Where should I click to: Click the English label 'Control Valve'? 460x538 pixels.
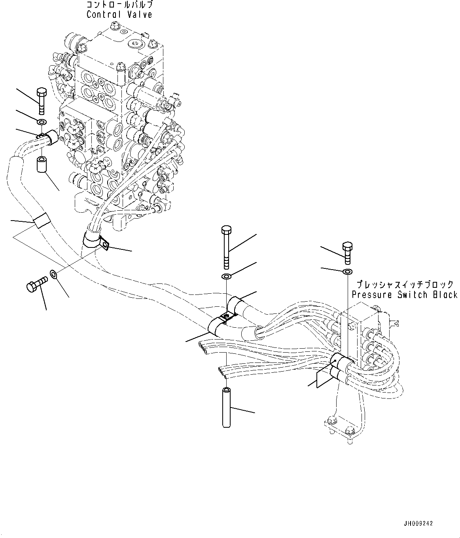point(119,15)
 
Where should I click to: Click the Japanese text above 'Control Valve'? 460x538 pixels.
point(119,6)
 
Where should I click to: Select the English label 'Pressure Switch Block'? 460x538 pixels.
point(404,295)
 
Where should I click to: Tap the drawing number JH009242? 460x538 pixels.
point(418,523)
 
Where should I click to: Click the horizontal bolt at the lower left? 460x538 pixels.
point(36,284)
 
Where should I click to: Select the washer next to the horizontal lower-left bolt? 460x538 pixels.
point(53,274)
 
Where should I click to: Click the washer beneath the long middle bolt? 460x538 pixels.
point(226,276)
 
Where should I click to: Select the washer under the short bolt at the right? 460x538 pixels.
point(347,272)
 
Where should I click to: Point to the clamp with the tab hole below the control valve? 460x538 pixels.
point(97,242)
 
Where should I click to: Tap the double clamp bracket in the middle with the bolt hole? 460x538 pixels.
point(225,317)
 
